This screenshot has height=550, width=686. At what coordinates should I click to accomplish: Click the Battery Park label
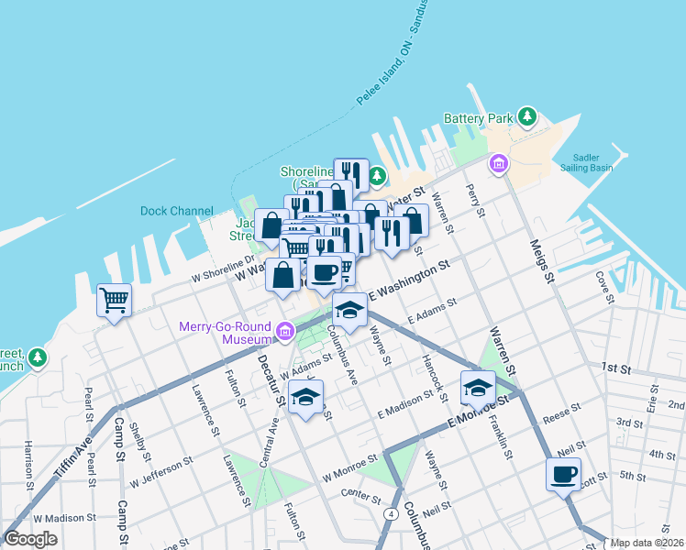[x=478, y=118]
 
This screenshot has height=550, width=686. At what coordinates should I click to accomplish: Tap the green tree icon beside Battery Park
[x=527, y=116]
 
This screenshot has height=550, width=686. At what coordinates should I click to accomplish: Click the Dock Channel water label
[x=176, y=211]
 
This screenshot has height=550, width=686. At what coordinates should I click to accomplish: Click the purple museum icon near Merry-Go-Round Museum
[x=286, y=330]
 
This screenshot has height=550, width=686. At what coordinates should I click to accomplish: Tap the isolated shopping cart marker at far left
[x=114, y=299]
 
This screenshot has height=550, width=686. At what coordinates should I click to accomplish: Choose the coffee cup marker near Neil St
[x=563, y=474]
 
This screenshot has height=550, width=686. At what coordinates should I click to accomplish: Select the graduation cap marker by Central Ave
[x=306, y=397]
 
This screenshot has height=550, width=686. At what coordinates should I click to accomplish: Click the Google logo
[x=31, y=539]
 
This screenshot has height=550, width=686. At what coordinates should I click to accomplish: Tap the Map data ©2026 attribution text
[x=647, y=543]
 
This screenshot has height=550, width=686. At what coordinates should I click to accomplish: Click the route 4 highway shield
[x=392, y=514]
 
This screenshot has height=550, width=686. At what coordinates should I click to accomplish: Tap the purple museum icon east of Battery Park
[x=498, y=164]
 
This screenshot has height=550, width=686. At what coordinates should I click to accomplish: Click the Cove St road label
[x=603, y=285]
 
